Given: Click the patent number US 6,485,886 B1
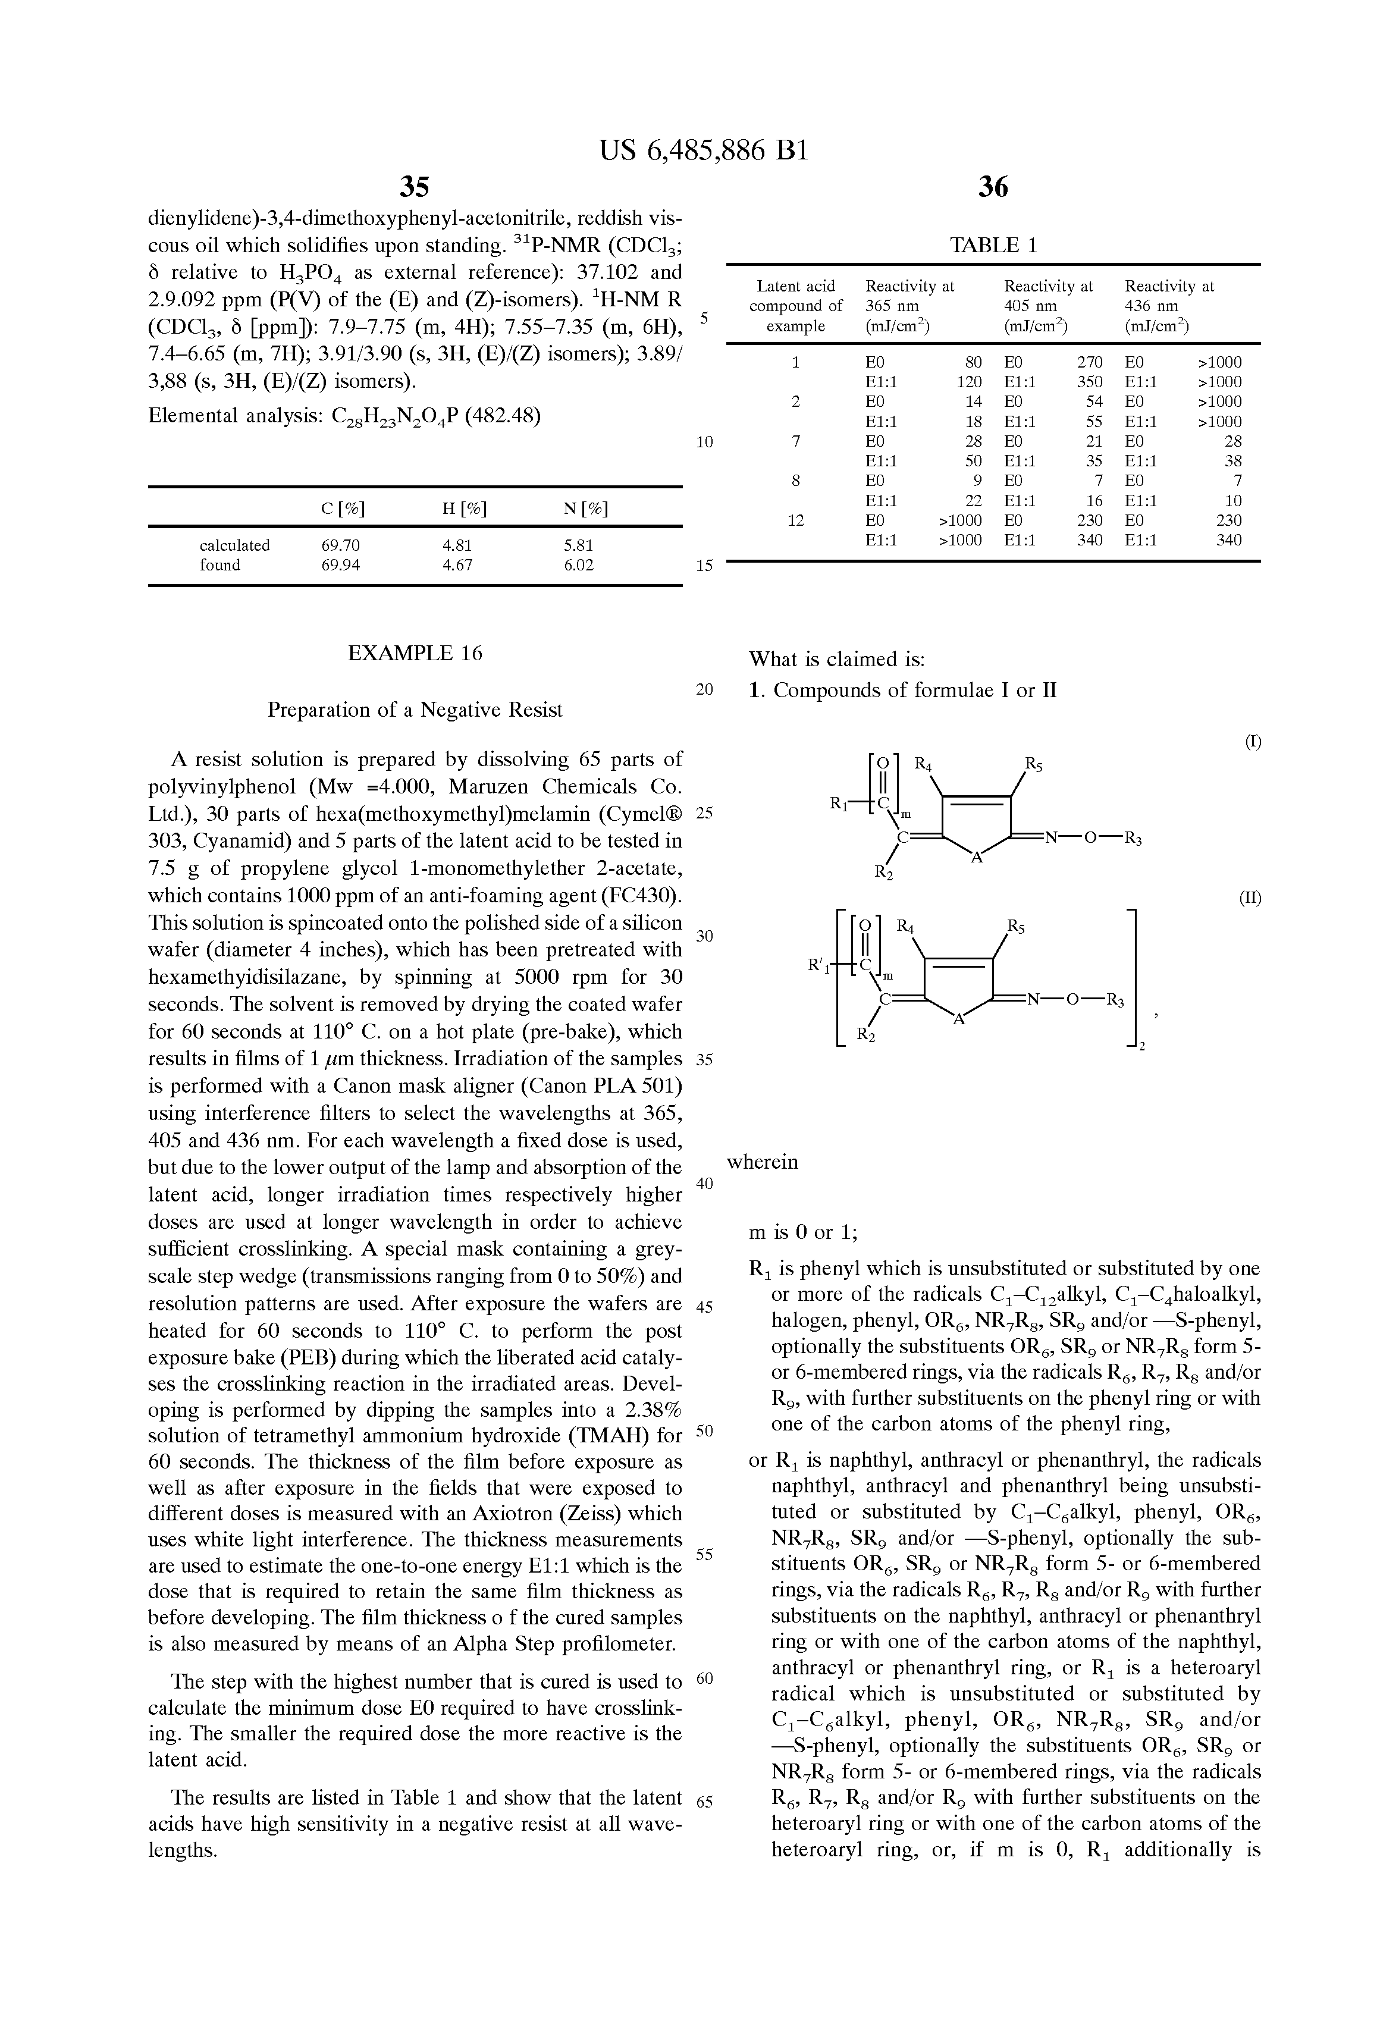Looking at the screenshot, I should tap(704, 152).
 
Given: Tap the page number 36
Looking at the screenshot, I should tap(993, 186).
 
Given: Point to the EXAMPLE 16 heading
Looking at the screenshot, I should tap(415, 653).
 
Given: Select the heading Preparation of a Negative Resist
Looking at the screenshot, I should tap(415, 710).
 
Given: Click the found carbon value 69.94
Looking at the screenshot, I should tap(340, 564).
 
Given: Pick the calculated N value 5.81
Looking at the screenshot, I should tap(578, 545).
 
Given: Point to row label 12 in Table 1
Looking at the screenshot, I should tap(795, 520).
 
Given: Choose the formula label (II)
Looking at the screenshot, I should tap(1250, 898).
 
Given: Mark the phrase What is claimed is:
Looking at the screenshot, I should tap(836, 658).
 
